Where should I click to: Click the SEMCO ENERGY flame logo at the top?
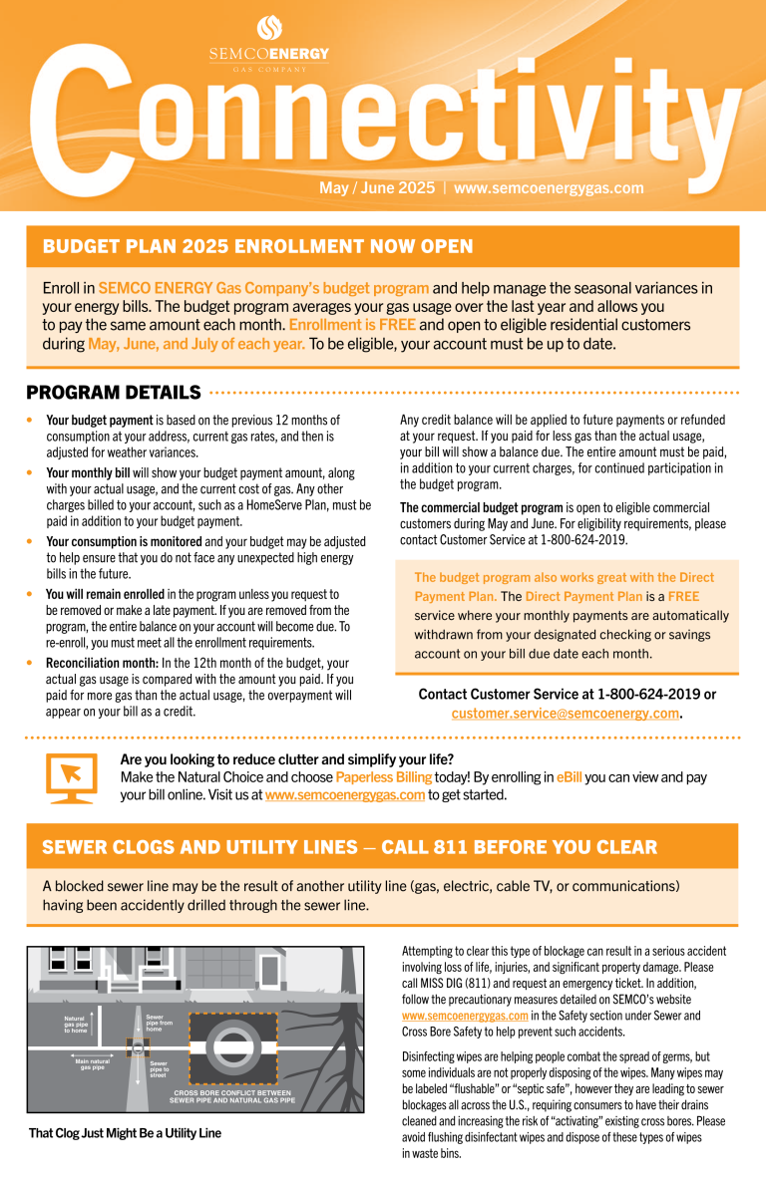pos(269,28)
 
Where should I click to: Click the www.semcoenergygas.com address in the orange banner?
pos(549,187)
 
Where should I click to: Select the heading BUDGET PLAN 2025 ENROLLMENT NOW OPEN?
pos(257,246)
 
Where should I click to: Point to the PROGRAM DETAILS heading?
pos(114,393)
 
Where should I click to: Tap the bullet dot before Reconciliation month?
pos(31,662)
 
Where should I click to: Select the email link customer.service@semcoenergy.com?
pos(566,714)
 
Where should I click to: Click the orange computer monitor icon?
pos(72,776)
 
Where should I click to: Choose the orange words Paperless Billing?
pos(383,776)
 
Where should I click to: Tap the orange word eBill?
pos(569,776)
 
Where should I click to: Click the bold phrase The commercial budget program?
pos(482,507)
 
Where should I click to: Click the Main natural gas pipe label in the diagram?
pos(92,1064)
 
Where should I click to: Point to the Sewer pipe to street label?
pos(159,1068)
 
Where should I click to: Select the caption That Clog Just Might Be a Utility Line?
pos(124,1133)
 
